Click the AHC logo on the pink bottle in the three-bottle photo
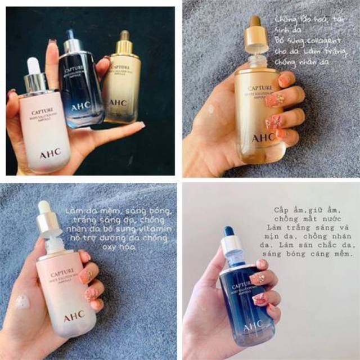pyautogui.click(x=50, y=152)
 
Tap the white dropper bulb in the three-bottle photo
pyautogui.click(x=34, y=66)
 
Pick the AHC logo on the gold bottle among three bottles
pyautogui.click(x=118, y=103)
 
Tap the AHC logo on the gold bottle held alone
pyautogui.click(x=263, y=137)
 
